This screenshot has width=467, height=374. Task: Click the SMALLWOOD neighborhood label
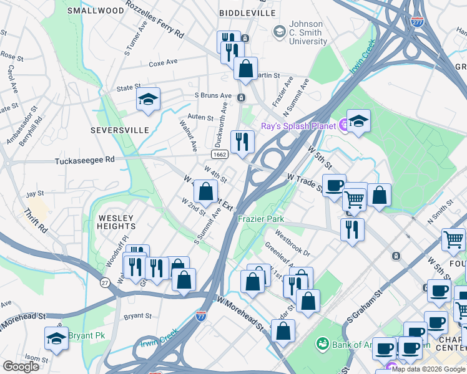[96, 11]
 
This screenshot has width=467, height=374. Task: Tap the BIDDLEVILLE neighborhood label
[247, 12]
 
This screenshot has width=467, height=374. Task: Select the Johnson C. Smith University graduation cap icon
[279, 31]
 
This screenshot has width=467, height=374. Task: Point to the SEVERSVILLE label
[120, 130]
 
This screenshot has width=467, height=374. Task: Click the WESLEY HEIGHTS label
[117, 222]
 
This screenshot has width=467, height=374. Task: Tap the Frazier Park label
[261, 219]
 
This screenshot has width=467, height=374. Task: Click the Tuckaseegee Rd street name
[85, 160]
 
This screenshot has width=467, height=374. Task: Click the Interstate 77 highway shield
[201, 316]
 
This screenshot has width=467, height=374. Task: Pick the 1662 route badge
[219, 154]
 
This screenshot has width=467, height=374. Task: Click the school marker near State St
[148, 100]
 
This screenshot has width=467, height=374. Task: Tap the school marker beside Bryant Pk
[56, 339]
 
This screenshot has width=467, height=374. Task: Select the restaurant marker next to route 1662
[242, 141]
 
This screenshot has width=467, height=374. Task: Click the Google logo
[21, 367]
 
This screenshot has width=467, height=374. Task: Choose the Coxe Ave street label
[163, 63]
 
